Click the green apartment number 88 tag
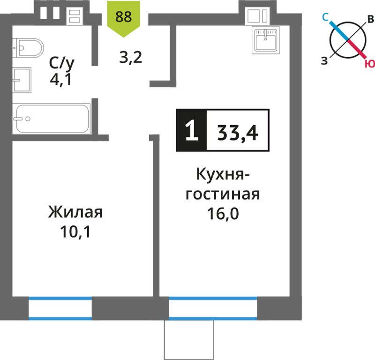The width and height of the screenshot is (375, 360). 123,18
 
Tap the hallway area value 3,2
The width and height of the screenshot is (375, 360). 131,58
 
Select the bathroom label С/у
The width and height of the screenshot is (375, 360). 61,64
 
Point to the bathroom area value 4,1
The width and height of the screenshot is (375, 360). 61,79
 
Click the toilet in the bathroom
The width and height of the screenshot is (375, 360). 28,48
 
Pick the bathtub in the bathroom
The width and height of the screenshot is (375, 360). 52,119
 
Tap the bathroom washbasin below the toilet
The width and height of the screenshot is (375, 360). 22,80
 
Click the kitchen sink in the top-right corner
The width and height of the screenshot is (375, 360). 265,40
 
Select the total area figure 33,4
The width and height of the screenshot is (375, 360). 238,133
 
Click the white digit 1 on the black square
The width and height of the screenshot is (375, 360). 192,130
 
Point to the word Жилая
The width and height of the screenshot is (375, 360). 75,212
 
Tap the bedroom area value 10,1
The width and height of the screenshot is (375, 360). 75,232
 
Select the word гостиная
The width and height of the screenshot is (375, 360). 223,194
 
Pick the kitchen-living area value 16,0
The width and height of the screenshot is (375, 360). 223,213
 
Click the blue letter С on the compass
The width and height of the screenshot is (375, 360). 325,17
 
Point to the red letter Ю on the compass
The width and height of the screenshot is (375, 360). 370,64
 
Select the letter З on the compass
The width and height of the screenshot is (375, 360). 324,61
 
